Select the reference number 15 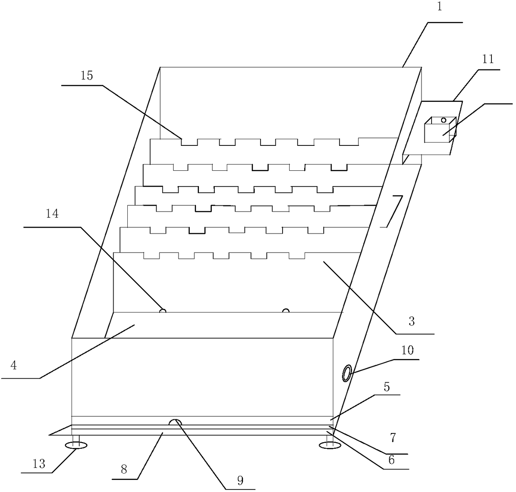(x=87, y=76)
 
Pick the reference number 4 (x=14, y=366)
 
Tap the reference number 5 (x=387, y=387)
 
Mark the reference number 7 (x=393, y=437)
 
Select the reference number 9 (x=240, y=480)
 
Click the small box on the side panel (x=439, y=130)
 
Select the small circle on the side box (x=444, y=120)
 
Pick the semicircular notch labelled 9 (x=175, y=422)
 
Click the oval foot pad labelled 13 (x=76, y=446)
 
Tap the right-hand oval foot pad (x=329, y=446)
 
